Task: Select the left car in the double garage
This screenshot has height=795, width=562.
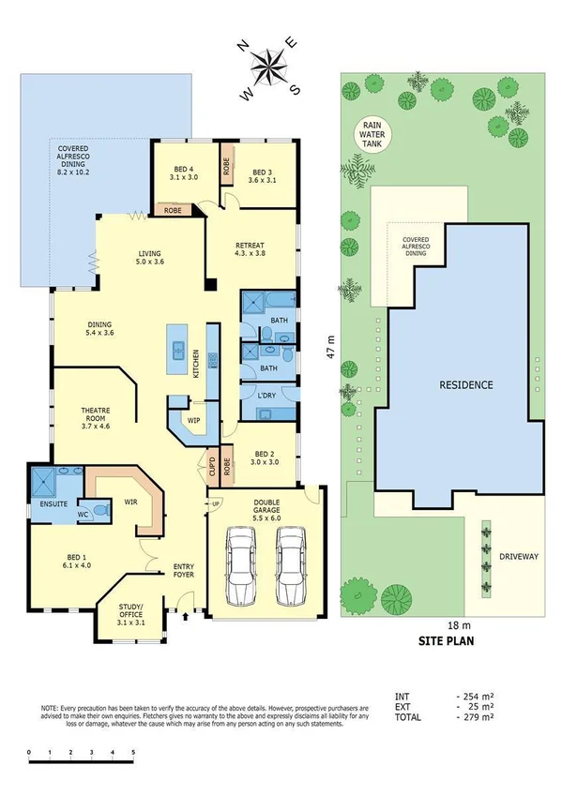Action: coord(242,564)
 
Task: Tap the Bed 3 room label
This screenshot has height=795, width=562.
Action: coord(265,177)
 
